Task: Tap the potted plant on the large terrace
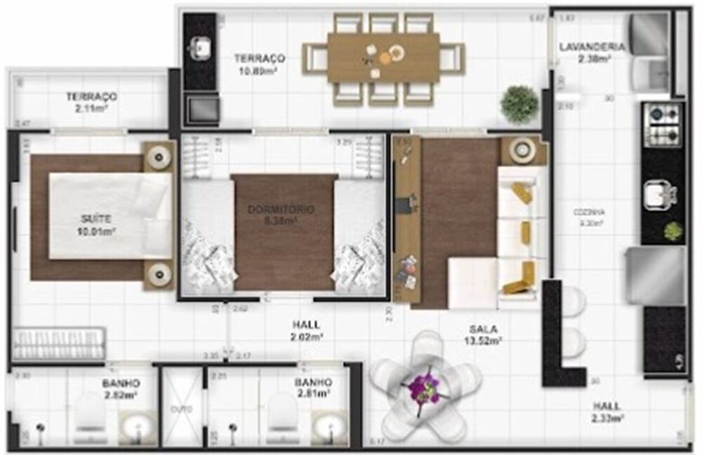coord(519,103)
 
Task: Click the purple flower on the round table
coord(423,386)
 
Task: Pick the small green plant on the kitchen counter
coord(673,231)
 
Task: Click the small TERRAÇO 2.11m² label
coord(91,102)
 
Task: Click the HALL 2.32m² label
coord(607,412)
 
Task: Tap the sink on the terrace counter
coord(200,47)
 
